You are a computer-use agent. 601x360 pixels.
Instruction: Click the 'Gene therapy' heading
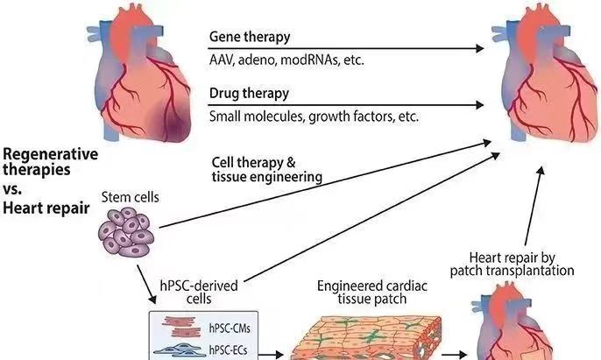coord(249,38)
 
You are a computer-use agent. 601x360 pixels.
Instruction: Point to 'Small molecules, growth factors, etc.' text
coord(314,115)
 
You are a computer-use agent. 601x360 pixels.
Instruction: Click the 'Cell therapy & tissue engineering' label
coord(265,170)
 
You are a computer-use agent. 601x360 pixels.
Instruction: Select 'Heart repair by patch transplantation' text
coord(522,264)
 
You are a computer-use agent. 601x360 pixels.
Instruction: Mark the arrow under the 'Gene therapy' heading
coord(347,47)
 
